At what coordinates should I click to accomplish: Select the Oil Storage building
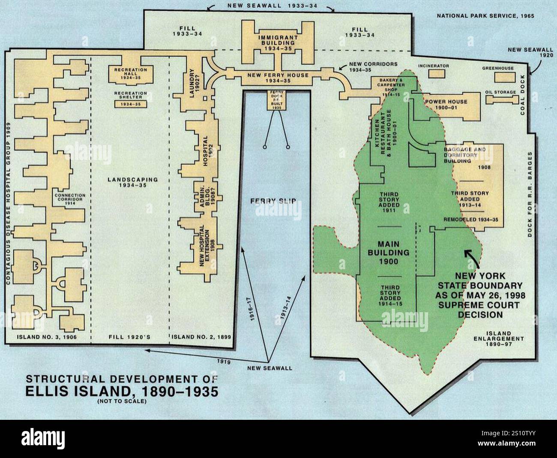click(502, 99)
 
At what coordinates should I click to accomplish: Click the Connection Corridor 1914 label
click(71, 199)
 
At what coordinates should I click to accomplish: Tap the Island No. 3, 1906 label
click(46, 337)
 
